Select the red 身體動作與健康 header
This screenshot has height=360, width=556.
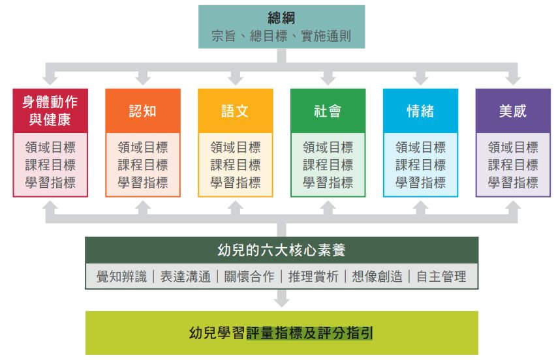pos(50,111)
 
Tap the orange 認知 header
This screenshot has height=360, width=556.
pos(142,111)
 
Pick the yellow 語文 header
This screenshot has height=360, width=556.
pos(235,111)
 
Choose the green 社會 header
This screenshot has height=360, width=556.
pos(328,111)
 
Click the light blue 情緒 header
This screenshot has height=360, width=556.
pos(420,111)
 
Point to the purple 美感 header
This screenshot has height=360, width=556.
pos(513,111)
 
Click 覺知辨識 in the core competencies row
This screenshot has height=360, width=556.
pos(121,277)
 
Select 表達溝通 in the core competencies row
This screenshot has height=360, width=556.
pos(185,277)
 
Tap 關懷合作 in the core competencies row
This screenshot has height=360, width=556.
pos(249,277)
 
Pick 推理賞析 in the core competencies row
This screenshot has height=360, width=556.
pos(314,277)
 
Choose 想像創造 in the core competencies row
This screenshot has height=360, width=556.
pos(378,277)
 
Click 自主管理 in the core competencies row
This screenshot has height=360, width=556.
pos(442,277)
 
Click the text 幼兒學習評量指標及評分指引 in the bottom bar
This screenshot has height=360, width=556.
pos(281,333)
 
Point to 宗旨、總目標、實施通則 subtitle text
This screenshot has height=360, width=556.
pos(281,36)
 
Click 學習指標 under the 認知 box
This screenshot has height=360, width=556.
pos(142,183)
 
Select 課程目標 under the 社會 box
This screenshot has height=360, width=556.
pos(328,165)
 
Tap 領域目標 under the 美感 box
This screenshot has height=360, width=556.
pos(513,147)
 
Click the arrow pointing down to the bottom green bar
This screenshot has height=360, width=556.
pos(281,299)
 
